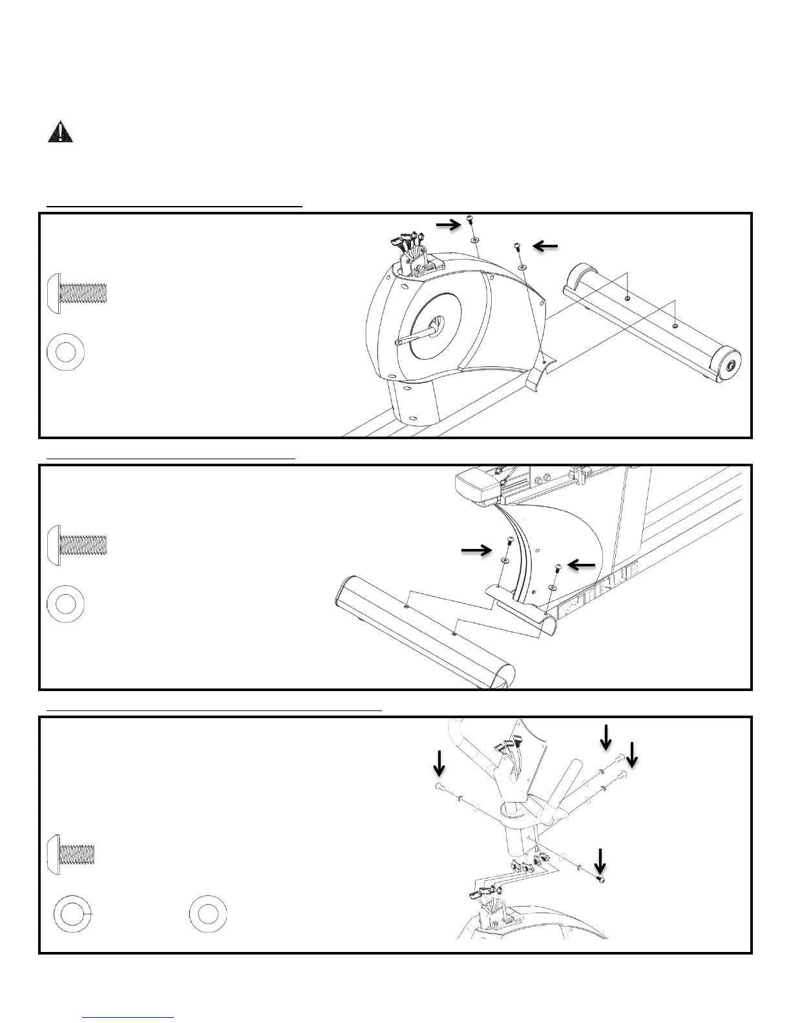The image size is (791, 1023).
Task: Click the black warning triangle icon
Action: pyautogui.click(x=60, y=132)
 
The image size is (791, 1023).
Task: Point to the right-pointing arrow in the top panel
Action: pyautogui.click(x=448, y=224)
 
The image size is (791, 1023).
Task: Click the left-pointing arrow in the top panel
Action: pyautogui.click(x=545, y=245)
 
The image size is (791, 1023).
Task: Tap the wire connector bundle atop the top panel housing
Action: pyautogui.click(x=408, y=246)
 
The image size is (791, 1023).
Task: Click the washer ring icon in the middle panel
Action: pyautogui.click(x=66, y=603)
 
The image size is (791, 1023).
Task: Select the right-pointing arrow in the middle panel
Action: pyautogui.click(x=476, y=550)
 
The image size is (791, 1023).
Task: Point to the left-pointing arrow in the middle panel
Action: pyautogui.click(x=582, y=566)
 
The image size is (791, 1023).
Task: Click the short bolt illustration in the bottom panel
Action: pyautogui.click(x=72, y=856)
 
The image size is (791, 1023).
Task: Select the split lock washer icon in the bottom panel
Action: pyautogui.click(x=72, y=914)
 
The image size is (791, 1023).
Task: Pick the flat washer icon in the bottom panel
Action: pyautogui.click(x=208, y=914)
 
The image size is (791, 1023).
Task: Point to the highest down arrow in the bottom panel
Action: pyautogui.click(x=606, y=736)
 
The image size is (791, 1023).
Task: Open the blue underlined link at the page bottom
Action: pyautogui.click(x=129, y=1017)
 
